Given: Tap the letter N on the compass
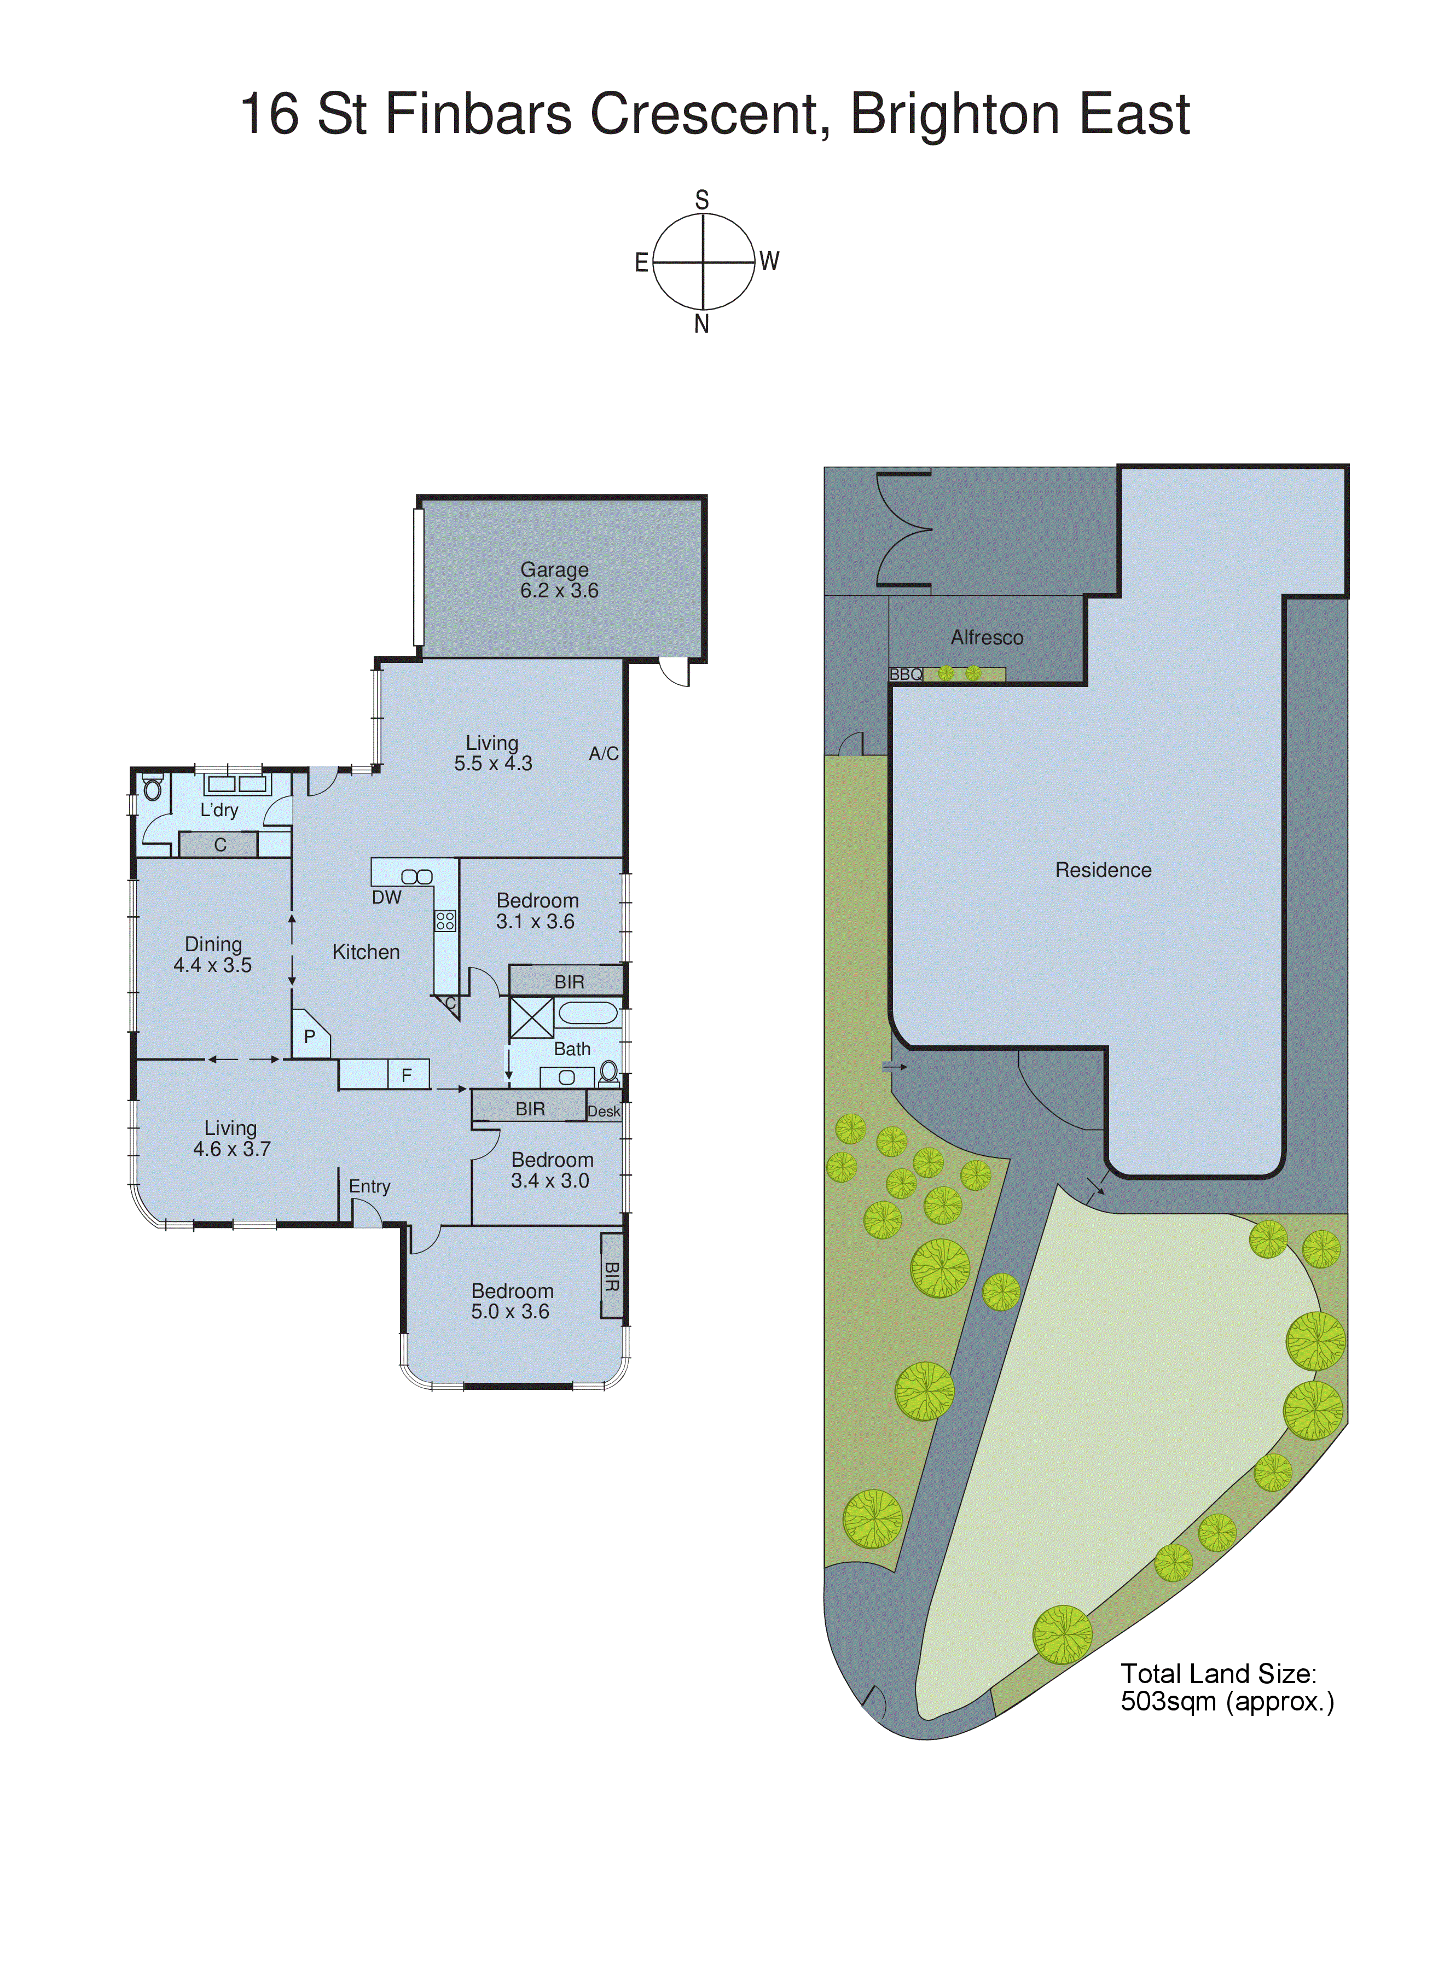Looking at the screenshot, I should click(701, 324).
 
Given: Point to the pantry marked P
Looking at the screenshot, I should click(309, 1036).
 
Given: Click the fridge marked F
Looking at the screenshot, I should click(407, 1075).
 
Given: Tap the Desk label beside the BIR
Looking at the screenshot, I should click(604, 1111).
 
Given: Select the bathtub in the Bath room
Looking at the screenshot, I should click(588, 1014).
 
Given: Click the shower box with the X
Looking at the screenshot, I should click(531, 1019).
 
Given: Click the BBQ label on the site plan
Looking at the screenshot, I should click(906, 674).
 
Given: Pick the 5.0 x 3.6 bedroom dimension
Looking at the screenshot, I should click(510, 1312).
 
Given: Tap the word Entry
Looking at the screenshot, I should click(369, 1186).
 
